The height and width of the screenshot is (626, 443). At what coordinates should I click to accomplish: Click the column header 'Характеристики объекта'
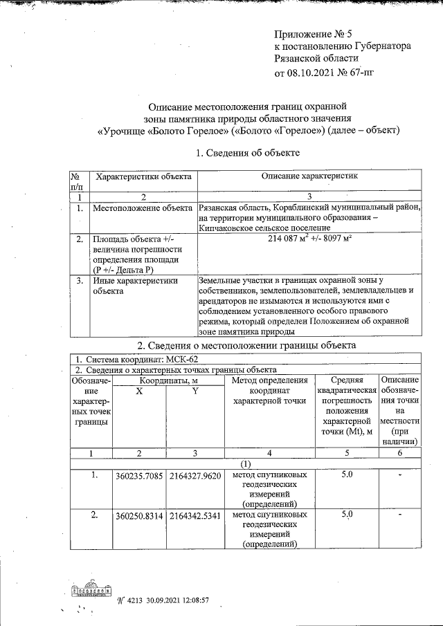(143, 177)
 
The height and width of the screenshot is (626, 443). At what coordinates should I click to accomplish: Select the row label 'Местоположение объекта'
(143, 208)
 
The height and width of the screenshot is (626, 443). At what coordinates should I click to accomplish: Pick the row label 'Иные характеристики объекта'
(135, 286)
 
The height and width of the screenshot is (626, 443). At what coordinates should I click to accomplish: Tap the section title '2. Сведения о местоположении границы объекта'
(246, 344)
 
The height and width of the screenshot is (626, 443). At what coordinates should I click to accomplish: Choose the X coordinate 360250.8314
(141, 515)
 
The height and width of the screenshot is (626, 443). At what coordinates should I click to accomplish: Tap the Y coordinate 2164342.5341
(195, 515)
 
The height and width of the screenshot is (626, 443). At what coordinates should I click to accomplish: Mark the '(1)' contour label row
(246, 464)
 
